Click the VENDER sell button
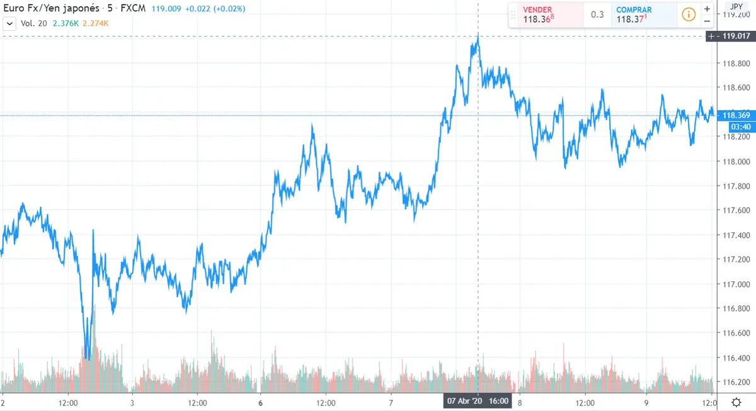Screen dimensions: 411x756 [545, 14]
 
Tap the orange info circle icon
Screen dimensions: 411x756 [689, 14]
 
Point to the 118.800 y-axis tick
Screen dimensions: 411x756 [734, 64]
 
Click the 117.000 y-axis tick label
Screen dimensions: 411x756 [734, 284]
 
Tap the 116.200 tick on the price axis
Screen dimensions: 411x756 [734, 382]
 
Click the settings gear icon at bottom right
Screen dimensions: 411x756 [736, 402]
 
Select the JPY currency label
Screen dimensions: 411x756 [736, 7]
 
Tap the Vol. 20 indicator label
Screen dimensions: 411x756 [33, 24]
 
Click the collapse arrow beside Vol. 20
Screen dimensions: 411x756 [9, 24]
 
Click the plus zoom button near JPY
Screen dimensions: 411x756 [707, 9]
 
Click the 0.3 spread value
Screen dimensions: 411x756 [597, 14]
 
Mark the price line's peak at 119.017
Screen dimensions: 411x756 [478, 37]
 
